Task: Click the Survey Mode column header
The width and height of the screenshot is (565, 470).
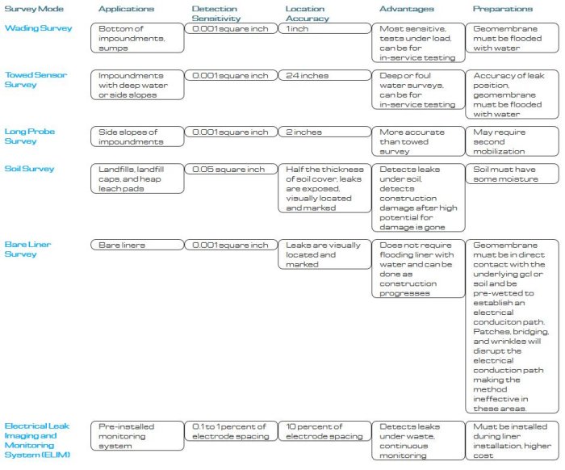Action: (30, 9)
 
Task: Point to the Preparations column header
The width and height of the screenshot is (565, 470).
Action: (503, 9)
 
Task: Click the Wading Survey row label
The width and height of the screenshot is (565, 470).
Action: (33, 27)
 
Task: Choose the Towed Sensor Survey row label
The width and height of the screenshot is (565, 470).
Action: (36, 80)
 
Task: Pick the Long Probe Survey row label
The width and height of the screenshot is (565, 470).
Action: (30, 136)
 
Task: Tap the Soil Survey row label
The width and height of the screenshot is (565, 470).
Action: (30, 169)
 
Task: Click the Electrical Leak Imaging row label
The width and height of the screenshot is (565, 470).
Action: (39, 441)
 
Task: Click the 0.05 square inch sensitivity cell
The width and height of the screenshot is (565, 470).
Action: (229, 170)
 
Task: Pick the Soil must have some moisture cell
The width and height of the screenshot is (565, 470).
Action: (513, 174)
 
